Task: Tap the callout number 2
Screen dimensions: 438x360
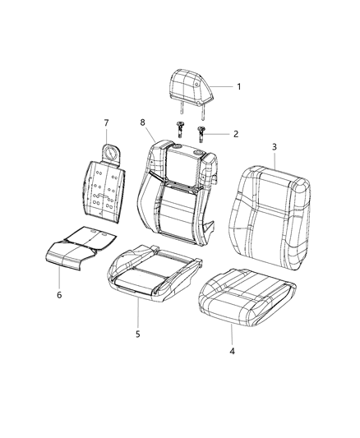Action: (x=236, y=133)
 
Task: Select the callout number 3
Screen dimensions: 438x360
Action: (x=275, y=146)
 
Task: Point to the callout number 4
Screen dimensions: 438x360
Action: (x=232, y=352)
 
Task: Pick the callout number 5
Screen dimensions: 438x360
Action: (x=138, y=334)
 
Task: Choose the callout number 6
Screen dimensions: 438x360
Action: (x=58, y=294)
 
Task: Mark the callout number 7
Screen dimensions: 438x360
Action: (x=105, y=123)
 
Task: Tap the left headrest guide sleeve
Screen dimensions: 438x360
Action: (x=180, y=127)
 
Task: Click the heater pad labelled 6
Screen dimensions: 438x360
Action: (x=78, y=253)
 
